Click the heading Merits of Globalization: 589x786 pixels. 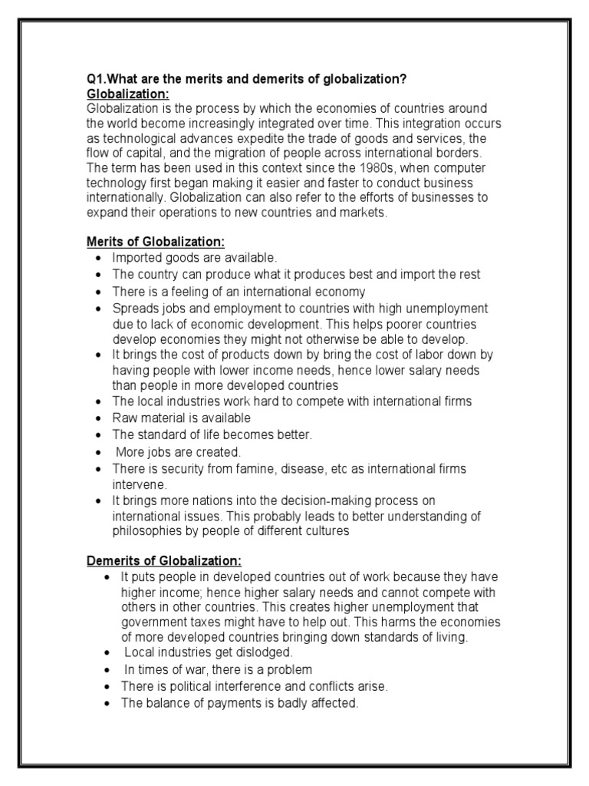(x=155, y=242)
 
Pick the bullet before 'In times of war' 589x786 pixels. (x=107, y=669)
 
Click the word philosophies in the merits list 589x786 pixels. (x=147, y=530)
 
